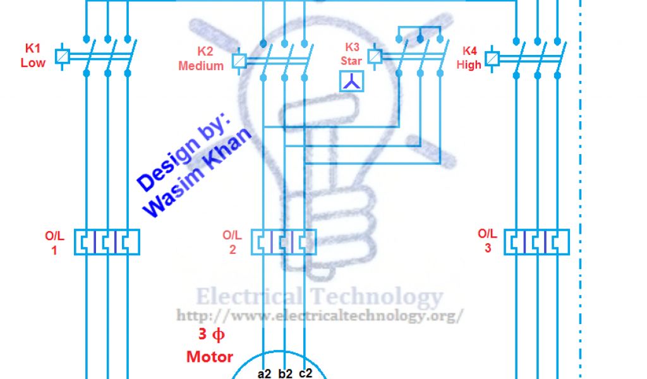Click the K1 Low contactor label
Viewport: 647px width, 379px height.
coord(32,56)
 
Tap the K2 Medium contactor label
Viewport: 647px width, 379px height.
coord(201,59)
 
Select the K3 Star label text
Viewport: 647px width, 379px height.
coord(351,54)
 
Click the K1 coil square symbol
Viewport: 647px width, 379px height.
coord(63,57)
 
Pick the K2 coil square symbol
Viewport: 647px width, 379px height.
coord(239,61)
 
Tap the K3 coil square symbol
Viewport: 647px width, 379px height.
coord(374,57)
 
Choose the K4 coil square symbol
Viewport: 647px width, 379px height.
coord(493,59)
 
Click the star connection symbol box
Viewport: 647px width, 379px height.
coord(352,81)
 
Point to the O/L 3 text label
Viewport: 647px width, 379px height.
coord(487,241)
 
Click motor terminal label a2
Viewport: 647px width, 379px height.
coord(264,373)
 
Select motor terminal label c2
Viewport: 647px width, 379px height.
coord(305,373)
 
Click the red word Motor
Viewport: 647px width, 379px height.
coord(210,357)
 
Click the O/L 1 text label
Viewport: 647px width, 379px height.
coord(54,243)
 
